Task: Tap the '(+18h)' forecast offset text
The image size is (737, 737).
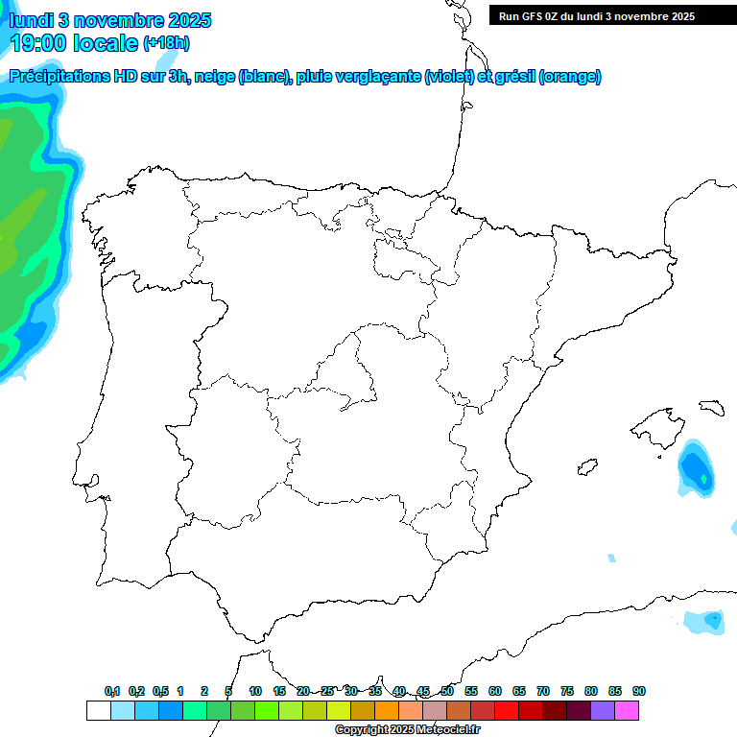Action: (166, 43)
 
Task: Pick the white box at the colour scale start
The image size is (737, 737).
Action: (98, 711)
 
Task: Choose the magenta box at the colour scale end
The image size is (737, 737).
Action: (627, 711)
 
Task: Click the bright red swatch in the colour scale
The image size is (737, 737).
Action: (507, 711)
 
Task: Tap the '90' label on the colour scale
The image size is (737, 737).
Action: (639, 691)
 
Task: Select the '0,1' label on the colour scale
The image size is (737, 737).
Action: (111, 691)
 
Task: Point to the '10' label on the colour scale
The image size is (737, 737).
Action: (255, 691)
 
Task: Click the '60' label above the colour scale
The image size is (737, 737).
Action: (495, 691)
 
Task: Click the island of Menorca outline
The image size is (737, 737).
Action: (711, 407)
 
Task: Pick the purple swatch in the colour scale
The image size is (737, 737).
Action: (603, 711)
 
